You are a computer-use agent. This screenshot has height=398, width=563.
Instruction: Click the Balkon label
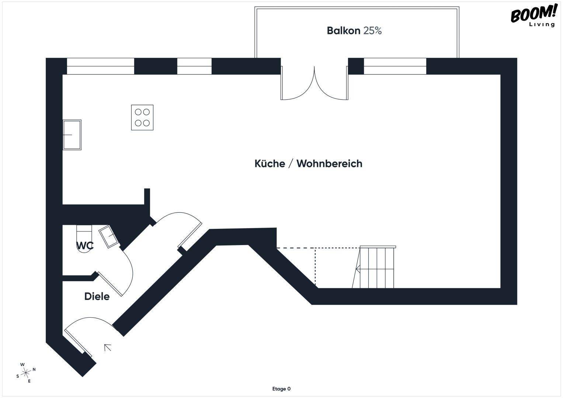(x=343, y=31)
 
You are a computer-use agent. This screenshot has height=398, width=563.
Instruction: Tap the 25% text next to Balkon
(x=372, y=31)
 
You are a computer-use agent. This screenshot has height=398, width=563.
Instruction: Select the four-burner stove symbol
(x=142, y=117)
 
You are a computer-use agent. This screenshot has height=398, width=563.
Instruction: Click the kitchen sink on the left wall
(x=72, y=135)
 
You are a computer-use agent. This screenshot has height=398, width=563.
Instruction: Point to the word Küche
(x=270, y=164)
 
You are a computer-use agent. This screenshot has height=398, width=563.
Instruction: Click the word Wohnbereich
(x=330, y=164)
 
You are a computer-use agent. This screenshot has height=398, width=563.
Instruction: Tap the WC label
(x=85, y=245)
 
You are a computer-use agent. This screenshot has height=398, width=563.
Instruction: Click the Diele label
(x=97, y=297)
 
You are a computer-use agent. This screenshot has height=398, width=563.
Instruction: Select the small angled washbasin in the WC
(x=109, y=237)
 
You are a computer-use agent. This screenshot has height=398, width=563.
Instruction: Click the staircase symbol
(x=374, y=267)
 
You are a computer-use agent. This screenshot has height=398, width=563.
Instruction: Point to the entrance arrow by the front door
(x=108, y=348)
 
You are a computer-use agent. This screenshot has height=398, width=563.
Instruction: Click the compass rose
(x=26, y=373)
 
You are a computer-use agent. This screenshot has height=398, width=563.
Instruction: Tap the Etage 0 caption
(x=282, y=389)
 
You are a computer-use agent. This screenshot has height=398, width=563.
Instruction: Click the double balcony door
(x=314, y=83)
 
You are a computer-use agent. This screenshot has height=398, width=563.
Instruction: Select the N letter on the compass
(x=34, y=369)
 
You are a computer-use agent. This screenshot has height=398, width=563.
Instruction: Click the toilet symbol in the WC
(x=84, y=239)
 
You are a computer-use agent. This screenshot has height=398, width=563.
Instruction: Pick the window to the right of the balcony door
(x=395, y=66)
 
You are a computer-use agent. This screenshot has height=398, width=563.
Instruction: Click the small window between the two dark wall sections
(x=194, y=66)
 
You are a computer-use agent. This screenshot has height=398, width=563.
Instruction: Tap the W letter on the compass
(x=22, y=364)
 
